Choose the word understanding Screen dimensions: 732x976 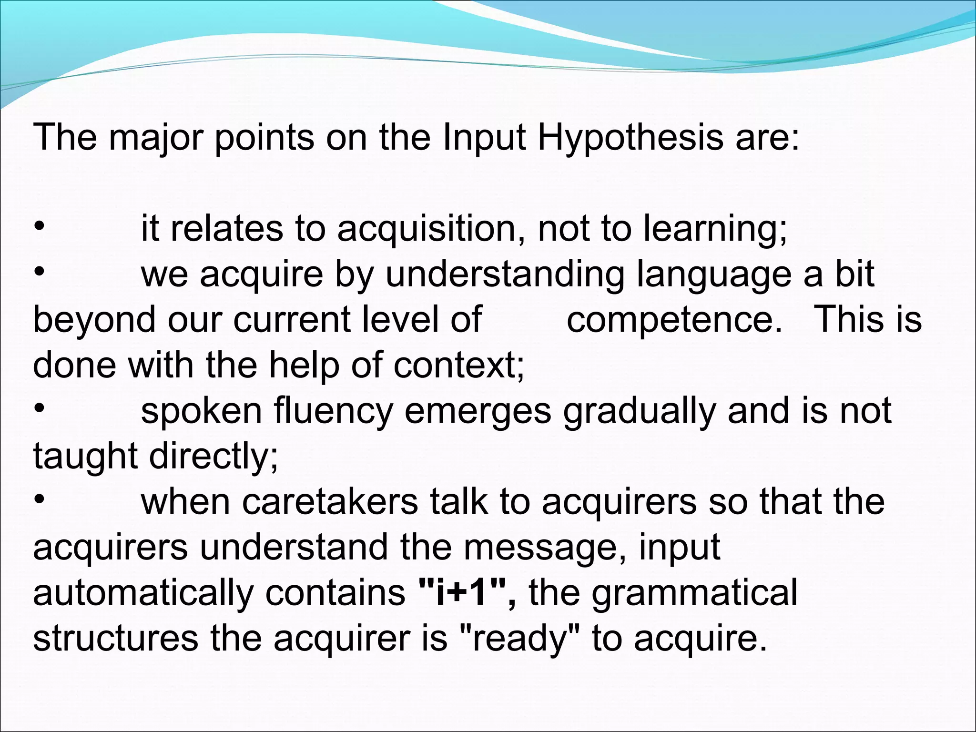(x=505, y=275)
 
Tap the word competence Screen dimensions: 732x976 (x=674, y=319)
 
